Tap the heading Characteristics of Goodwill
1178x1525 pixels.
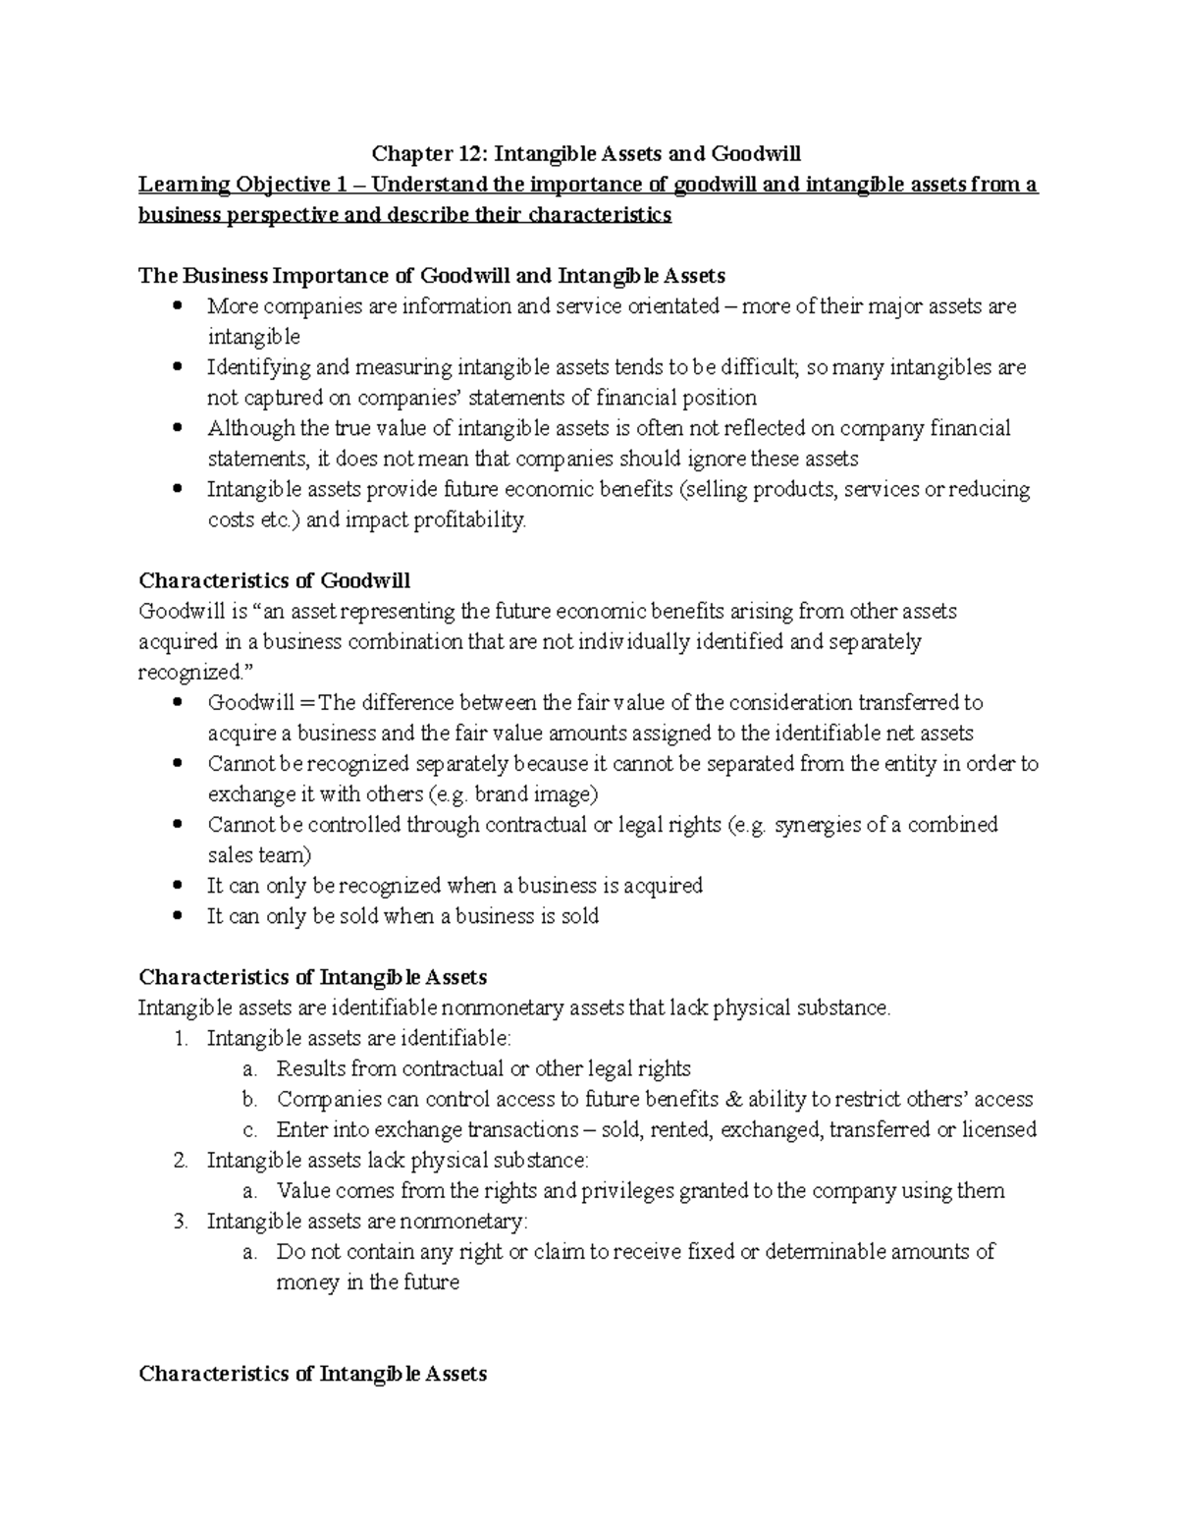point(275,580)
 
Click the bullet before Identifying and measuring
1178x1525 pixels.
point(178,367)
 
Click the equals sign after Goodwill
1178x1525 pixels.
point(308,703)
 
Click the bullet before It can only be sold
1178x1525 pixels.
point(178,915)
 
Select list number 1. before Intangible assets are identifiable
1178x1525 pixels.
point(180,1038)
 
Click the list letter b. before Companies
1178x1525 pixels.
point(249,1099)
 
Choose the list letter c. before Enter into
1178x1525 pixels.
point(249,1129)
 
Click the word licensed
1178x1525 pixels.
point(998,1129)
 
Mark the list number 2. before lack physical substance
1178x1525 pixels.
point(180,1160)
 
